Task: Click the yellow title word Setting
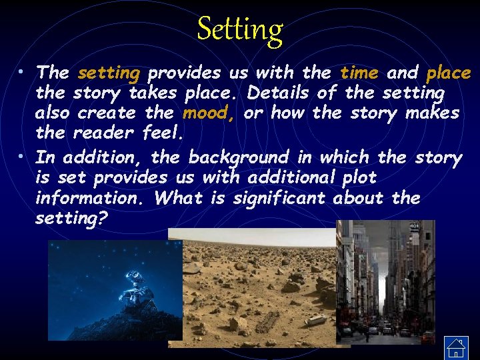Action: coord(240,30)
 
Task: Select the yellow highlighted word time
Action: coord(359,72)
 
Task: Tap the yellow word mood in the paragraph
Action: coord(207,113)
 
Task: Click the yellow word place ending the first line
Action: coord(448,72)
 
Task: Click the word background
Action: coord(239,158)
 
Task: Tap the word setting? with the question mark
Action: coord(71,219)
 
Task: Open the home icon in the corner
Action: coord(456,346)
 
